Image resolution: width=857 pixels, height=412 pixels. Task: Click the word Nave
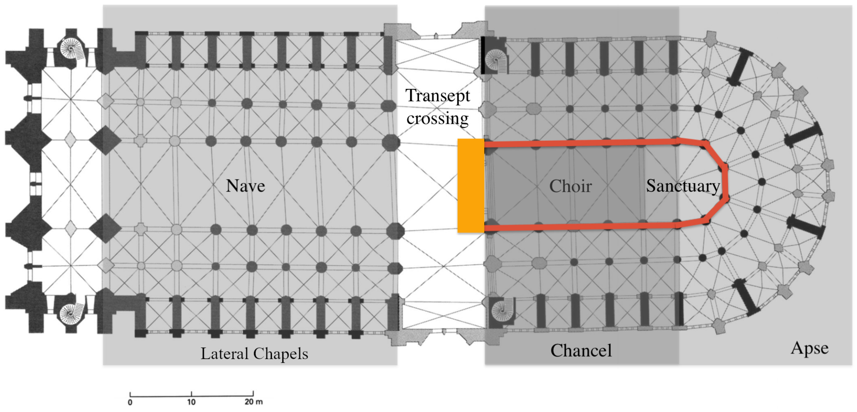tap(245, 186)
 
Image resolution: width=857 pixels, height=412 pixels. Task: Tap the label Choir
tap(570, 186)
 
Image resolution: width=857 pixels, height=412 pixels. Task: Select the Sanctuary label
tap(683, 186)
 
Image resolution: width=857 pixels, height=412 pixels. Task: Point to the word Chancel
tap(581, 350)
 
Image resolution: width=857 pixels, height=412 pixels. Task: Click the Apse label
tap(809, 348)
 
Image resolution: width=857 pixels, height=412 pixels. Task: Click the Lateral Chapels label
tap(254, 354)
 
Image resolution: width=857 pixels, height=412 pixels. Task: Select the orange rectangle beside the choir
tap(471, 185)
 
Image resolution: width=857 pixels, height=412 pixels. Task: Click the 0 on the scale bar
tap(130, 402)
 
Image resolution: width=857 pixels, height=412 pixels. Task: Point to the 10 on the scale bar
tap(191, 402)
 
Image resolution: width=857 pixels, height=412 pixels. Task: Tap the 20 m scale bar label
tap(254, 402)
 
